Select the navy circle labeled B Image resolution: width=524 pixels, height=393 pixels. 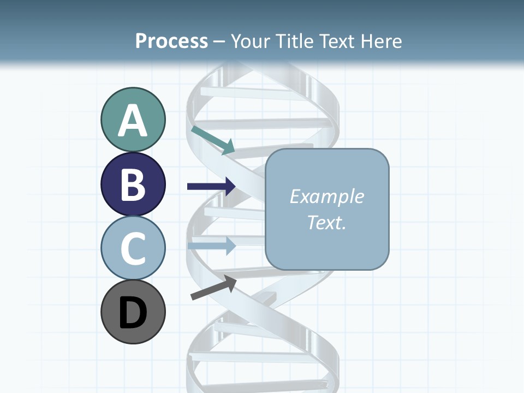click(133, 184)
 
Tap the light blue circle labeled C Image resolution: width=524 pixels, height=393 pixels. click(133, 248)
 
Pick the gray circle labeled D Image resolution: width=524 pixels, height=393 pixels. click(133, 312)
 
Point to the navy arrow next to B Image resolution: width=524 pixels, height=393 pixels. click(211, 187)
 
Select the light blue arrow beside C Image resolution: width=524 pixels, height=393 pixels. click(211, 245)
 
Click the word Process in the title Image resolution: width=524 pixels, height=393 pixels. click(171, 41)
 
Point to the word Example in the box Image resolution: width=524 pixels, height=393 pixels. click(326, 196)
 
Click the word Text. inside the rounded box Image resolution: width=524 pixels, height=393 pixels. click(326, 222)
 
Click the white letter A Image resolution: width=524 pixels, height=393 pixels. click(133, 121)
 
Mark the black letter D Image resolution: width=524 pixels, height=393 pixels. click(133, 313)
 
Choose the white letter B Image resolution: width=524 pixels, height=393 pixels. click(133, 185)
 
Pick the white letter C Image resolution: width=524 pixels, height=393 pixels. click(133, 249)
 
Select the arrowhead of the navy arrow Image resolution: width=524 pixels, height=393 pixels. click(229, 187)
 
